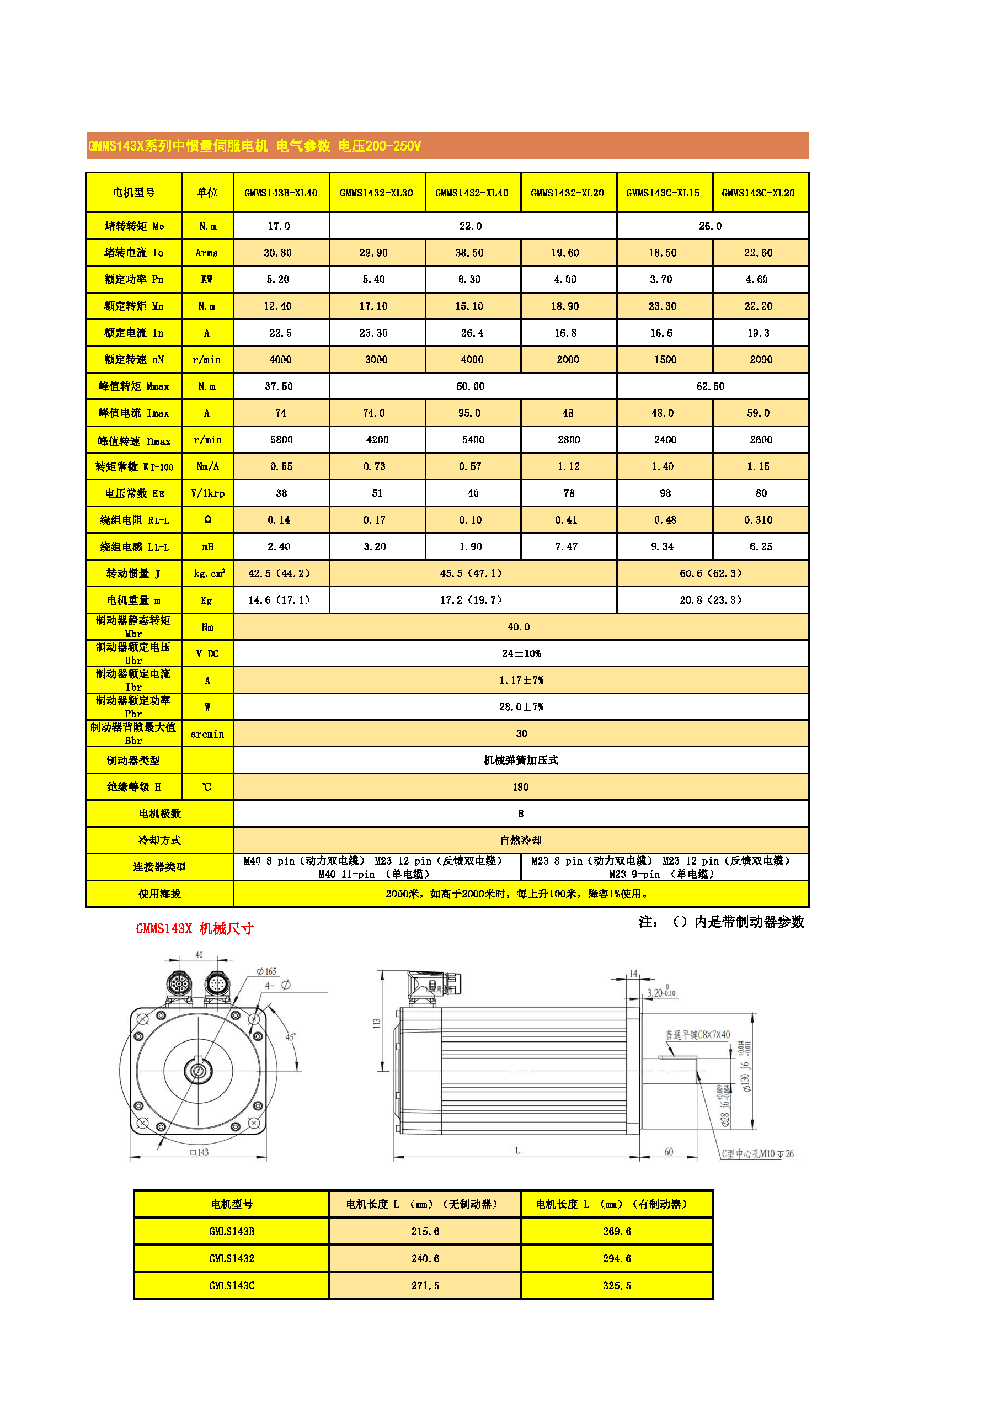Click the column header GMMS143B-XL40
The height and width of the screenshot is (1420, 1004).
281,193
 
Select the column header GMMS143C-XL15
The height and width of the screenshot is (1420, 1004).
663,193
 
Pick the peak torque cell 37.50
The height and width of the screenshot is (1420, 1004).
280,386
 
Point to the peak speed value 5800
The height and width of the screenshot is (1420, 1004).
281,440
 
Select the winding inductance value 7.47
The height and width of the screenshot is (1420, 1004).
567,547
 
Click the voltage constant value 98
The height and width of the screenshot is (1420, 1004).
665,493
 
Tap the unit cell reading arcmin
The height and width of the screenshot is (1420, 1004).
207,734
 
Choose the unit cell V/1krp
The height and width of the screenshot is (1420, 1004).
207,493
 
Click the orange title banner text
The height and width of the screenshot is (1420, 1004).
255,146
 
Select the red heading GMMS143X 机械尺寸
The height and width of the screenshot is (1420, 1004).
195,928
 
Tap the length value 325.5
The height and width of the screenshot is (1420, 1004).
617,1286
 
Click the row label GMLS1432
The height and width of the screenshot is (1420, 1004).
231,1259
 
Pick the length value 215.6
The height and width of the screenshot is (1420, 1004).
425,1231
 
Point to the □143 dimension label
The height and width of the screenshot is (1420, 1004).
200,1152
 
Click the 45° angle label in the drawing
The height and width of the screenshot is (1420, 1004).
290,1037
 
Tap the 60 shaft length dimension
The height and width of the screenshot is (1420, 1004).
668,1152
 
